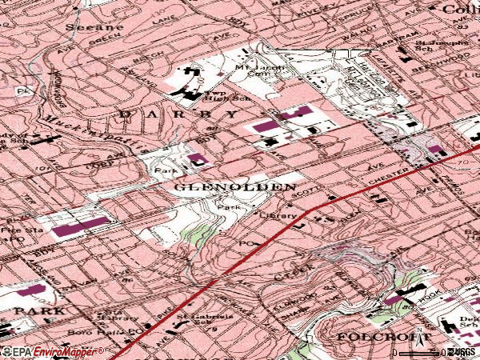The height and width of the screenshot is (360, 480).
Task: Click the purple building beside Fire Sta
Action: pyautogui.click(x=80, y=226)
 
